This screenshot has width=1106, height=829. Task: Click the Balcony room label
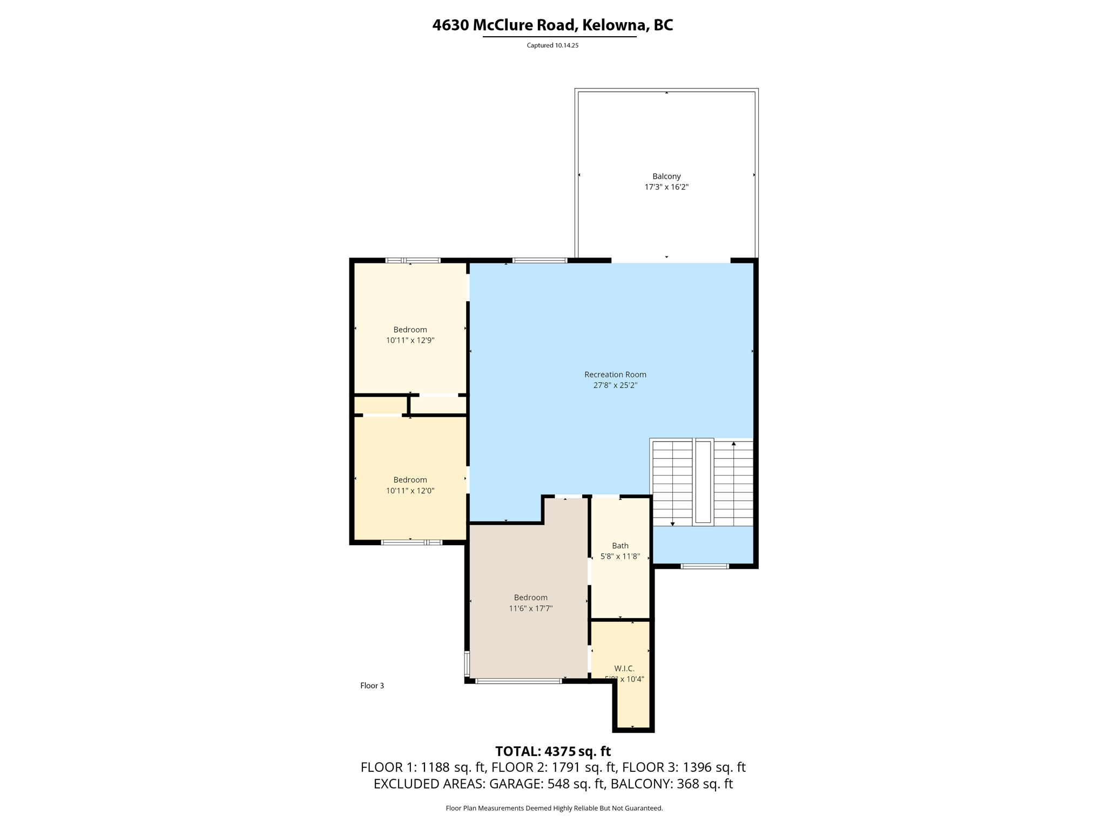coord(666,176)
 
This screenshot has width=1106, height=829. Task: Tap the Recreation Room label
coord(615,374)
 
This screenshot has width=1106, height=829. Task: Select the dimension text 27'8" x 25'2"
coord(615,385)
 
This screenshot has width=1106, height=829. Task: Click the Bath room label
coord(620,546)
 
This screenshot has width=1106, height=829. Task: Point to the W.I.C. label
coord(624,668)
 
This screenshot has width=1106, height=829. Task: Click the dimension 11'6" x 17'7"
coord(530,608)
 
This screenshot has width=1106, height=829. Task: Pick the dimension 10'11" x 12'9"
coord(410,341)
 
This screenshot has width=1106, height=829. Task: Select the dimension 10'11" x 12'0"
coord(410,491)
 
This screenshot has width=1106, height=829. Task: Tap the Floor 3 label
coord(372,685)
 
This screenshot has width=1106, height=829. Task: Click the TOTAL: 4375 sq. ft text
coord(553,751)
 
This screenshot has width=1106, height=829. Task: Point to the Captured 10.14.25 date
coord(552,45)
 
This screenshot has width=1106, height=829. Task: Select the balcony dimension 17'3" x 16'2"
coord(666,187)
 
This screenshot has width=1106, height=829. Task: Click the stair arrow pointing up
coord(733,444)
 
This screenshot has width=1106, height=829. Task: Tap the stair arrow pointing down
coord(672,524)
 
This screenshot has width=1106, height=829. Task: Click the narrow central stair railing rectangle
coord(703,481)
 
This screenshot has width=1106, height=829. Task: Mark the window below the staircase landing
coord(704,566)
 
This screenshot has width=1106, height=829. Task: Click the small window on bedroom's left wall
coord(467,663)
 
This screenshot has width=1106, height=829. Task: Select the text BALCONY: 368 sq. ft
coord(671,784)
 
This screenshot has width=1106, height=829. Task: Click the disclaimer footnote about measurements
coord(554,808)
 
